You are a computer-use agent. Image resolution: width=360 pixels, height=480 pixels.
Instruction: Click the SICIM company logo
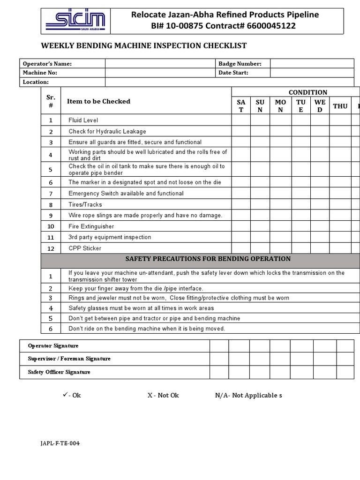(75, 21)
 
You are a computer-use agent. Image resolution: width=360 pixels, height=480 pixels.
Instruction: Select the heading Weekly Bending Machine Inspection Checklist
(144, 45)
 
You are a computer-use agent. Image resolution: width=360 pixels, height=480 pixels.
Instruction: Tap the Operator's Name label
(47, 64)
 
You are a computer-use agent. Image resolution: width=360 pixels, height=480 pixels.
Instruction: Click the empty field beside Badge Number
(312, 64)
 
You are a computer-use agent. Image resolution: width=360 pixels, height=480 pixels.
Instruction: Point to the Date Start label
(233, 73)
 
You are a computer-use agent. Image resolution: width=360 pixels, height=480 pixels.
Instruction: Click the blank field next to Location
(229, 82)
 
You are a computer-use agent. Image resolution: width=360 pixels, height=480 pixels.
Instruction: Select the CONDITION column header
(307, 92)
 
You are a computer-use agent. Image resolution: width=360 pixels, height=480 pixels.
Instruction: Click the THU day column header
(340, 106)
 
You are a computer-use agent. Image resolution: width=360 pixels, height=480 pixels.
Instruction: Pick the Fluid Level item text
(83, 120)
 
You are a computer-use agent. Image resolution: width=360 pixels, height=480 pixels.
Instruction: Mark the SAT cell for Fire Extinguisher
(241, 226)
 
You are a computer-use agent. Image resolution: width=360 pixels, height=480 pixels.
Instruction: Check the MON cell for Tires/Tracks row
(280, 204)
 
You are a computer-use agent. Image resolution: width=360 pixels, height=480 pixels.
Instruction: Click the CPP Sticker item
(85, 248)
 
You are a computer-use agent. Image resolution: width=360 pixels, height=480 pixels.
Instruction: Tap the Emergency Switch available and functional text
(126, 194)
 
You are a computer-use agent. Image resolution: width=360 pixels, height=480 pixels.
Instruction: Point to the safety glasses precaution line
(141, 308)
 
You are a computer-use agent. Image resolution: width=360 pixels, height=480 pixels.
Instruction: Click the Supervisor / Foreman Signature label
(69, 359)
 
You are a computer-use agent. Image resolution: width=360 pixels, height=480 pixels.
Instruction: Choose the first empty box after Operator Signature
(219, 345)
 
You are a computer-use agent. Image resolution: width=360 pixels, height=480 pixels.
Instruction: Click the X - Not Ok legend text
(163, 395)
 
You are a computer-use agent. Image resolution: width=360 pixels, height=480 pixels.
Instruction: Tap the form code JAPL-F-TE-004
(60, 443)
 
